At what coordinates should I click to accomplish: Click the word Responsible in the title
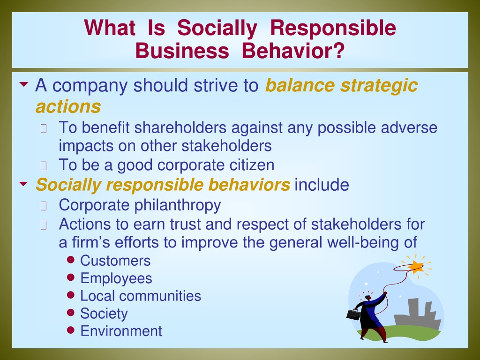click(x=333, y=28)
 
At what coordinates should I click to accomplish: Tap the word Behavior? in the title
click(x=293, y=51)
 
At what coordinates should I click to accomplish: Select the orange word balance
click(x=300, y=85)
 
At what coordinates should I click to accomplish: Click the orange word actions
click(x=68, y=106)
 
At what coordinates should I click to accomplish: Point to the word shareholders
click(x=180, y=127)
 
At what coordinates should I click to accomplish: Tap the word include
click(x=322, y=185)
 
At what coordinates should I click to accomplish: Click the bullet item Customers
click(x=115, y=261)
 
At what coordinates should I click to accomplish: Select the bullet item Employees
click(x=116, y=278)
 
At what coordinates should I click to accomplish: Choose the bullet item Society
click(x=104, y=314)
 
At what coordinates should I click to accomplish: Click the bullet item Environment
click(x=121, y=331)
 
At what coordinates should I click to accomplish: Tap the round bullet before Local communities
click(x=71, y=295)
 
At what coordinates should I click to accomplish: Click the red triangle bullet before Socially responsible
click(x=23, y=184)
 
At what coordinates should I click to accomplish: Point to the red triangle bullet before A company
click(x=23, y=84)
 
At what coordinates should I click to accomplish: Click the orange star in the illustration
click(x=416, y=267)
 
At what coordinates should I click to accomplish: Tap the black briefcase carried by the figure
click(x=353, y=315)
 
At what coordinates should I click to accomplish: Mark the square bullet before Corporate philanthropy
click(x=44, y=206)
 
